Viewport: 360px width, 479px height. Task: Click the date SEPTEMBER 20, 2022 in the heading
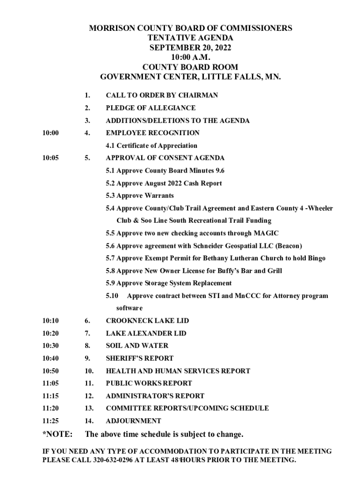pyautogui.click(x=190, y=48)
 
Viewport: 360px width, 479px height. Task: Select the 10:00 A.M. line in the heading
pyautogui.click(x=190, y=57)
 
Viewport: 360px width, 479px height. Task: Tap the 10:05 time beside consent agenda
pyautogui.click(x=50, y=158)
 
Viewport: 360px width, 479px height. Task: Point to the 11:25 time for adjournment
pyautogui.click(x=50, y=421)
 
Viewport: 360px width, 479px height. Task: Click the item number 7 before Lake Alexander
pyautogui.click(x=87, y=334)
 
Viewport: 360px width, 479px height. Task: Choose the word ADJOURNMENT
pyautogui.click(x=133, y=421)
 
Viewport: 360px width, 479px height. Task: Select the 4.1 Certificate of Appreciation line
pyautogui.click(x=151, y=145)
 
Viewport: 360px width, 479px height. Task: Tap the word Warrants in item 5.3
pyautogui.click(x=158, y=196)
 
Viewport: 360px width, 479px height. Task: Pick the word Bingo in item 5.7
pyautogui.click(x=316, y=258)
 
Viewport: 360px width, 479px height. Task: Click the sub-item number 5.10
pyautogui.click(x=113, y=296)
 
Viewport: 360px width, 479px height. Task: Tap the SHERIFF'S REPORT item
pyautogui.click(x=139, y=358)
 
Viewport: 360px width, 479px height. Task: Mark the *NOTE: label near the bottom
pyautogui.click(x=58, y=435)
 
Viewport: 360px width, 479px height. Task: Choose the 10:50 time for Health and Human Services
pyautogui.click(x=50, y=371)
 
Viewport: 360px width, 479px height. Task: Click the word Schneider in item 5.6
pyautogui.click(x=188, y=246)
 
